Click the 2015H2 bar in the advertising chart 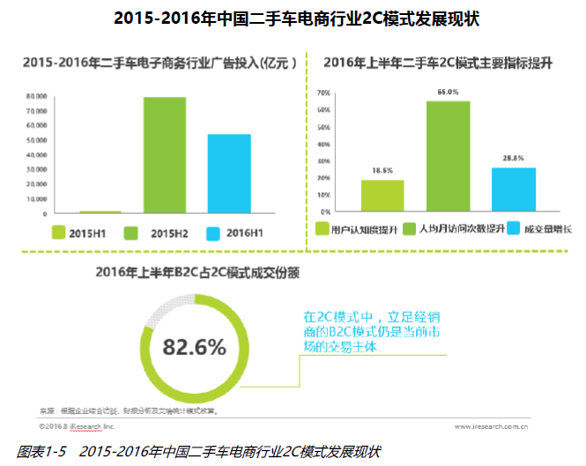coord(165,155)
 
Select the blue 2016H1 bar coord(229,174)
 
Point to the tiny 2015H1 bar coord(100,211)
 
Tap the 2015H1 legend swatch coord(60,233)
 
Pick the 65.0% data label coord(449,92)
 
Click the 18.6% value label coord(382,170)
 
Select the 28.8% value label coord(514,158)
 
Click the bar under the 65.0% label coord(449,157)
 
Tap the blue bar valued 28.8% coord(514,189)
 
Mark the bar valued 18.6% coord(382,196)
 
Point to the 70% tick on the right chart coord(323,92)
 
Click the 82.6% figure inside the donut coord(193,346)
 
